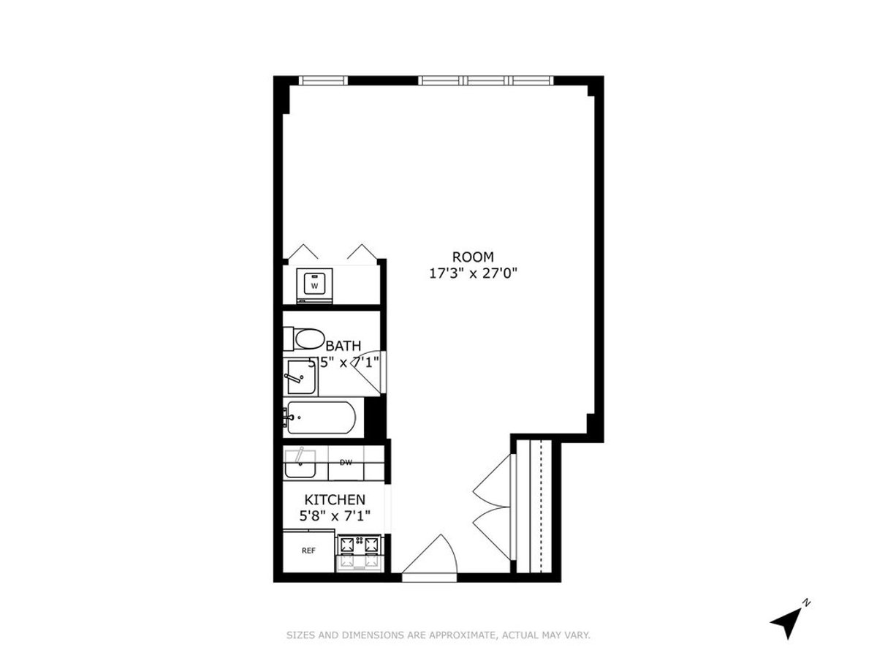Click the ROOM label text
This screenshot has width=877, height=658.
[x=473, y=257]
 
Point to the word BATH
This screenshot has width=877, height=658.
[x=343, y=346]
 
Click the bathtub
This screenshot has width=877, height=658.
[x=322, y=419]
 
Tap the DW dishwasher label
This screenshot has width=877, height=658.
[x=346, y=462]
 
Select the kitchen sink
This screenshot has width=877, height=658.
[x=300, y=464]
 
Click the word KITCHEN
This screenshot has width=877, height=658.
[x=335, y=500]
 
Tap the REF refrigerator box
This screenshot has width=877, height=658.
[x=308, y=551]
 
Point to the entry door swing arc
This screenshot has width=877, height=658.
[x=431, y=556]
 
